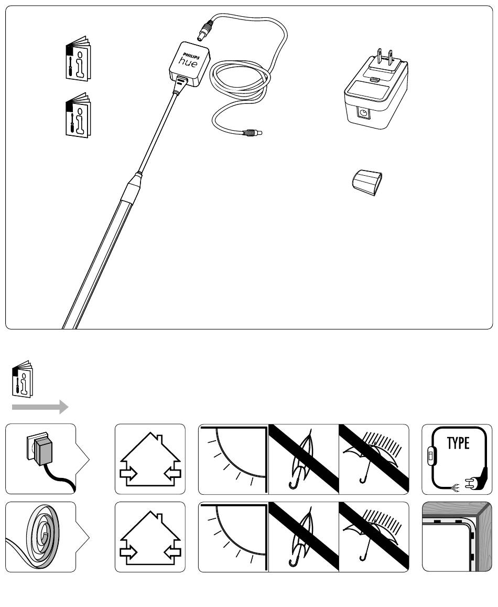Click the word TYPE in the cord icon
(458, 443)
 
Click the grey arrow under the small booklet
(40, 407)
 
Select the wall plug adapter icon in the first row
(40, 450)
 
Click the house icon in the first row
(150, 459)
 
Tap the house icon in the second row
(150, 537)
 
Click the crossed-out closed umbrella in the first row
(304, 459)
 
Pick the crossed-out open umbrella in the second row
(374, 537)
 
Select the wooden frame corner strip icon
(457, 537)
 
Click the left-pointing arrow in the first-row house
(171, 474)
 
